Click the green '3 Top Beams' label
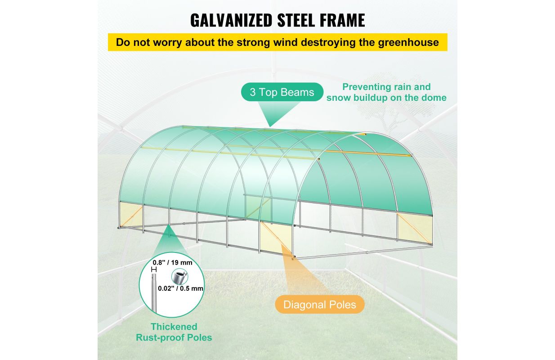(282, 92)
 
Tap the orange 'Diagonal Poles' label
(319, 305)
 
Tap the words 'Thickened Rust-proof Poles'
(174, 332)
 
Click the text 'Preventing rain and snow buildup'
(386, 92)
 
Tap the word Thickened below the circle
(174, 327)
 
